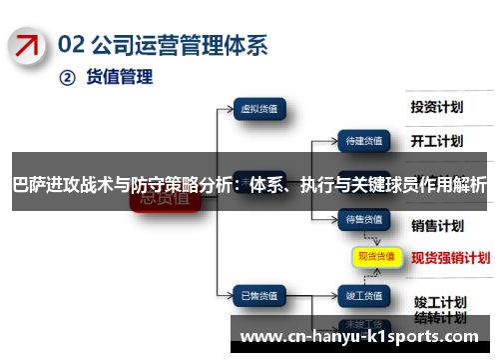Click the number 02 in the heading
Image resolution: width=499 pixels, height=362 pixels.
point(72,44)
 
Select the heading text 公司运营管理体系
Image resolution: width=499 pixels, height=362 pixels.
point(181,44)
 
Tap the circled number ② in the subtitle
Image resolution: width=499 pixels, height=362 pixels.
point(67,76)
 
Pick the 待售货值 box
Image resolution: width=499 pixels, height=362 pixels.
point(363,218)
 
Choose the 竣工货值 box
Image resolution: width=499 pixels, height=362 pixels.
point(363,268)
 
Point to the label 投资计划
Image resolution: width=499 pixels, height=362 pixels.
point(437,106)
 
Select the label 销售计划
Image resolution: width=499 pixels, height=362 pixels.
point(437,224)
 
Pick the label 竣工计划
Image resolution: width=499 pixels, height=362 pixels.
point(440,273)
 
